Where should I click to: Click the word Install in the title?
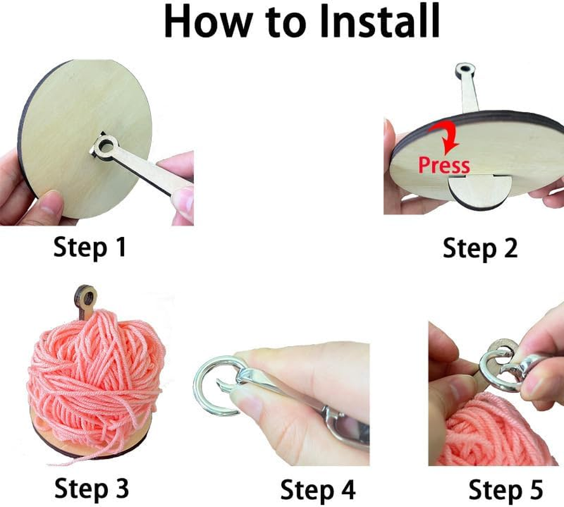pos(379,20)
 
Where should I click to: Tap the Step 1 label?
pos(90,248)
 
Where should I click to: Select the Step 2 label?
pos(480,248)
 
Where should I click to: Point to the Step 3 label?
pos(92,489)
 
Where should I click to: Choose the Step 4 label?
pos(317,490)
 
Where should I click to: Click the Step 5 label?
pos(506,489)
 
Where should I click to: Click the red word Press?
pos(444,165)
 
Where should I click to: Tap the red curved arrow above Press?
pos(445,138)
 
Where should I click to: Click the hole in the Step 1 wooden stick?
pos(106,146)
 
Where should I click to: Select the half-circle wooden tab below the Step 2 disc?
pos(479,191)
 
